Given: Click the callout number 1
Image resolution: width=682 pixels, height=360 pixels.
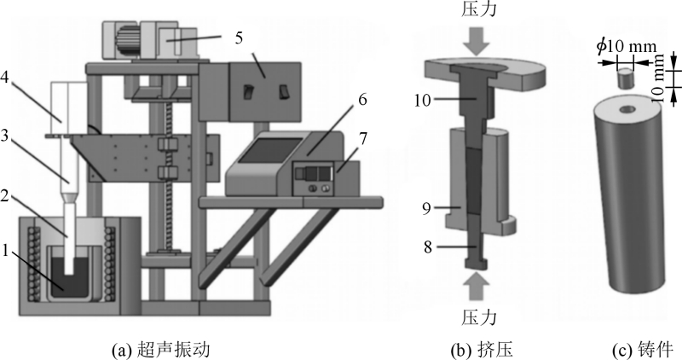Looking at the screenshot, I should pos(8,253).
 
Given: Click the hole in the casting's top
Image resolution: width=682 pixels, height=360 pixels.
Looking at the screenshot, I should pos(627,110).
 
